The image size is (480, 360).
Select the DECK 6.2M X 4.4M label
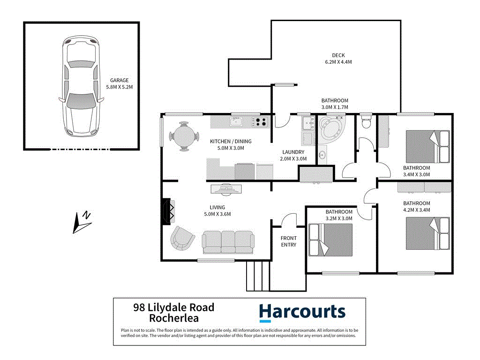click(x=338, y=59)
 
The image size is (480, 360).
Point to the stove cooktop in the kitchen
click(x=260, y=122)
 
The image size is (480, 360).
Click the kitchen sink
click(x=236, y=122)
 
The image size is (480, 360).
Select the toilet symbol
click(x=366, y=121)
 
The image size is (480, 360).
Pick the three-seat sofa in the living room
click(x=228, y=240)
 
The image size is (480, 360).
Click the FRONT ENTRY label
click(x=289, y=241)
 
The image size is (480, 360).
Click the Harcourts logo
click(x=302, y=313)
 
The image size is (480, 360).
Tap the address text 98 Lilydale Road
click(x=174, y=307)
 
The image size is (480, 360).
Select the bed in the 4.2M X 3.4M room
click(x=428, y=233)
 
